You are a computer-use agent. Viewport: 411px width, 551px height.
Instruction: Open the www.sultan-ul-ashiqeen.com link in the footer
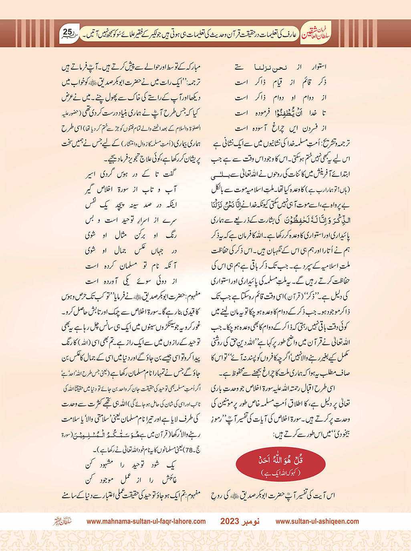[317, 521]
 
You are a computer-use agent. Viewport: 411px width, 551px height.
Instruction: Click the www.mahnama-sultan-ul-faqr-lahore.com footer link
[146, 521]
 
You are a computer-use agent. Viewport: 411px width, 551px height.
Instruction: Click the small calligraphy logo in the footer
[62, 521]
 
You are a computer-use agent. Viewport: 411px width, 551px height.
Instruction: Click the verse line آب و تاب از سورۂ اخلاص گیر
[131, 189]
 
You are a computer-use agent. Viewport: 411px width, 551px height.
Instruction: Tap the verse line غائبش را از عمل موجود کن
[131, 479]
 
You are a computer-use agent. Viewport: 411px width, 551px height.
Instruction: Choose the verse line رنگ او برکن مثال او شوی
[131, 235]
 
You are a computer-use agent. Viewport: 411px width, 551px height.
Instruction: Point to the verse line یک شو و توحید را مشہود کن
[131, 465]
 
